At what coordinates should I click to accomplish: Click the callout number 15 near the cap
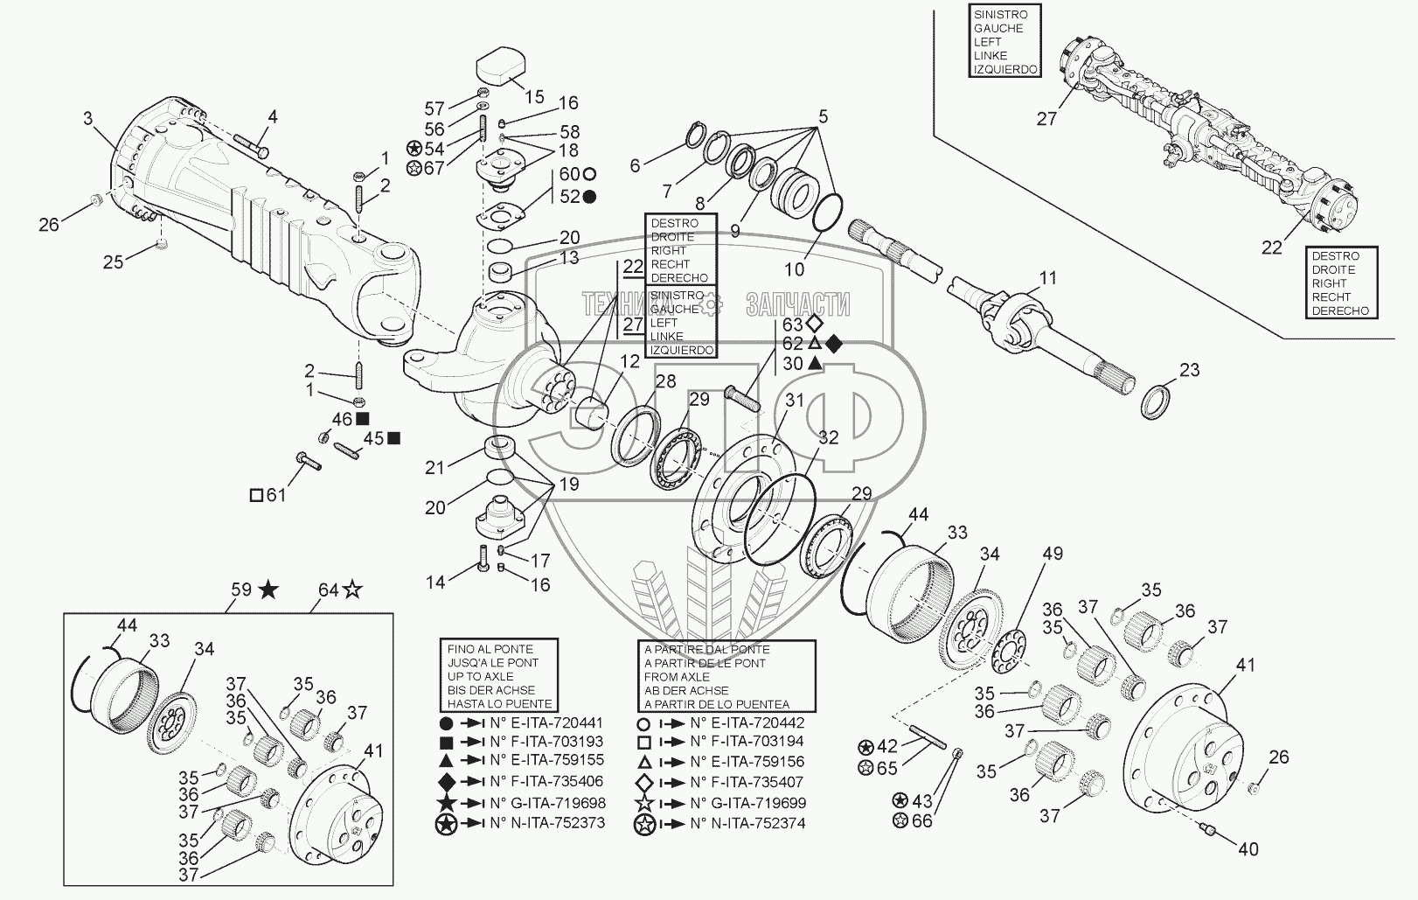533,96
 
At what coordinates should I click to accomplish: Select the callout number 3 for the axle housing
87,117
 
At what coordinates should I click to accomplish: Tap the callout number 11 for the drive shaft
1048,278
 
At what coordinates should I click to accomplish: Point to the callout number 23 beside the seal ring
1189,371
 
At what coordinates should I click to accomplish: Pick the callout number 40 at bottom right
1248,848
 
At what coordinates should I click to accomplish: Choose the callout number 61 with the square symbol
275,496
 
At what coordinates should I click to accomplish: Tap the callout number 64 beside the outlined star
328,590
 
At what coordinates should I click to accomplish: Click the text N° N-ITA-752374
747,823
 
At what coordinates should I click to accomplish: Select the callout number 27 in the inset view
1047,119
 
